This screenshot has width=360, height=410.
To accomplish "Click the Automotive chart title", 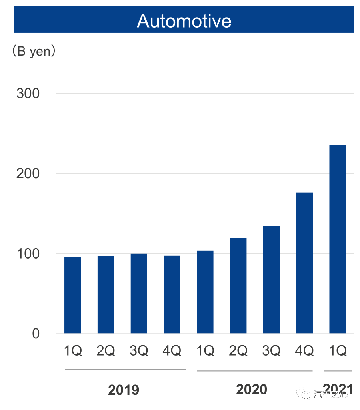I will pos(184,20).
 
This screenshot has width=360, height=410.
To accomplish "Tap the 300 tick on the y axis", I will pos(28,94).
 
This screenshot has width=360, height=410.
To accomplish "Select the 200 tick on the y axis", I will pos(28,173).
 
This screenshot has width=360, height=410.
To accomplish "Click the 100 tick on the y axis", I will pos(28,254).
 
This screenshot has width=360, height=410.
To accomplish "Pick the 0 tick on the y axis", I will pos(36,334).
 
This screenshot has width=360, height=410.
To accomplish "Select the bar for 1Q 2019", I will pos(72,295).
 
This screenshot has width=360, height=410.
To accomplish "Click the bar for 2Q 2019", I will pos(106,295).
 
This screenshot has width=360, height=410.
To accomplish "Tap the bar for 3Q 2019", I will pos(139,294).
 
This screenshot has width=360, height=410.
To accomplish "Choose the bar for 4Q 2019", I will pos(172,295).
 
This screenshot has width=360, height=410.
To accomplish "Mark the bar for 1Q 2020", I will pos(205,292).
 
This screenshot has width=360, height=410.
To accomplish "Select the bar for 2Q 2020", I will pos(238,286).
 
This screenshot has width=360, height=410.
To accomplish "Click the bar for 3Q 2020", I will pos(271,280).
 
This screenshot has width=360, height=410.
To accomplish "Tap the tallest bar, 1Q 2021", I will pos(338,239).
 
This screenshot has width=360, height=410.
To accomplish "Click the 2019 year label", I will pos(124,390).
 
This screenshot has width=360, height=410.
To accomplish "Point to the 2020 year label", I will pos(252,389).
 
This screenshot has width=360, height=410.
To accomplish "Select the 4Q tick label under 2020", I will pos(304,351).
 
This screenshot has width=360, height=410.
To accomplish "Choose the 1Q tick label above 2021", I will pos(338,351).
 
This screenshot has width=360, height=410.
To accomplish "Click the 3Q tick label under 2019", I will pos(139,351).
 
